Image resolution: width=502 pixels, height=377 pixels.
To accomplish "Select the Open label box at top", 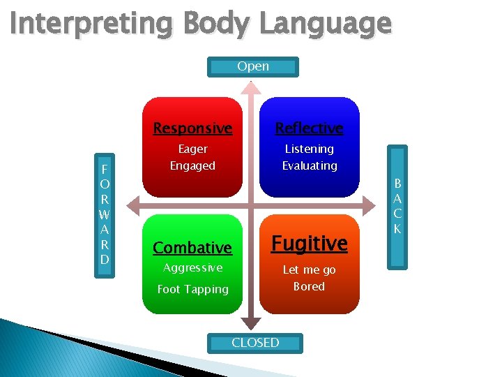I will pyautogui.click(x=253, y=67).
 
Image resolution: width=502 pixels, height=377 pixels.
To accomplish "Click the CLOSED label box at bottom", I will pyautogui.click(x=255, y=343).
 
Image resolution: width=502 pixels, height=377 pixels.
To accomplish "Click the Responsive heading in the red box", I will pyautogui.click(x=192, y=128).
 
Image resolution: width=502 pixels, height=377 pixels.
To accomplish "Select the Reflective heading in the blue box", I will pyautogui.click(x=309, y=128).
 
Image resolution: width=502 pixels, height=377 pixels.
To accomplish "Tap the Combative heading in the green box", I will pyautogui.click(x=192, y=248).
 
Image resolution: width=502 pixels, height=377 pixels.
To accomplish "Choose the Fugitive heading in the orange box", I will pyautogui.click(x=309, y=244).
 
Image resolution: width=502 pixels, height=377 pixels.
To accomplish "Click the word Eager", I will pyautogui.click(x=192, y=149).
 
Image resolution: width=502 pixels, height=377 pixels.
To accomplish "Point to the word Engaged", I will pyautogui.click(x=192, y=166).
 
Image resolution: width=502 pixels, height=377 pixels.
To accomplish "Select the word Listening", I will pyautogui.click(x=309, y=149).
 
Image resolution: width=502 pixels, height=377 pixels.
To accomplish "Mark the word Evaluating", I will pyautogui.click(x=309, y=166).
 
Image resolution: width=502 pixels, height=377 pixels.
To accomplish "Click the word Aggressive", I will pyautogui.click(x=192, y=268).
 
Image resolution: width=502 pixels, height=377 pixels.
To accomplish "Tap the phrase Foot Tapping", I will pyautogui.click(x=192, y=289).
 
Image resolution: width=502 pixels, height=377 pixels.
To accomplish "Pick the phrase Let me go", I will pyautogui.click(x=309, y=269).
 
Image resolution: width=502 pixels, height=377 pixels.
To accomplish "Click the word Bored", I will pyautogui.click(x=309, y=287).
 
